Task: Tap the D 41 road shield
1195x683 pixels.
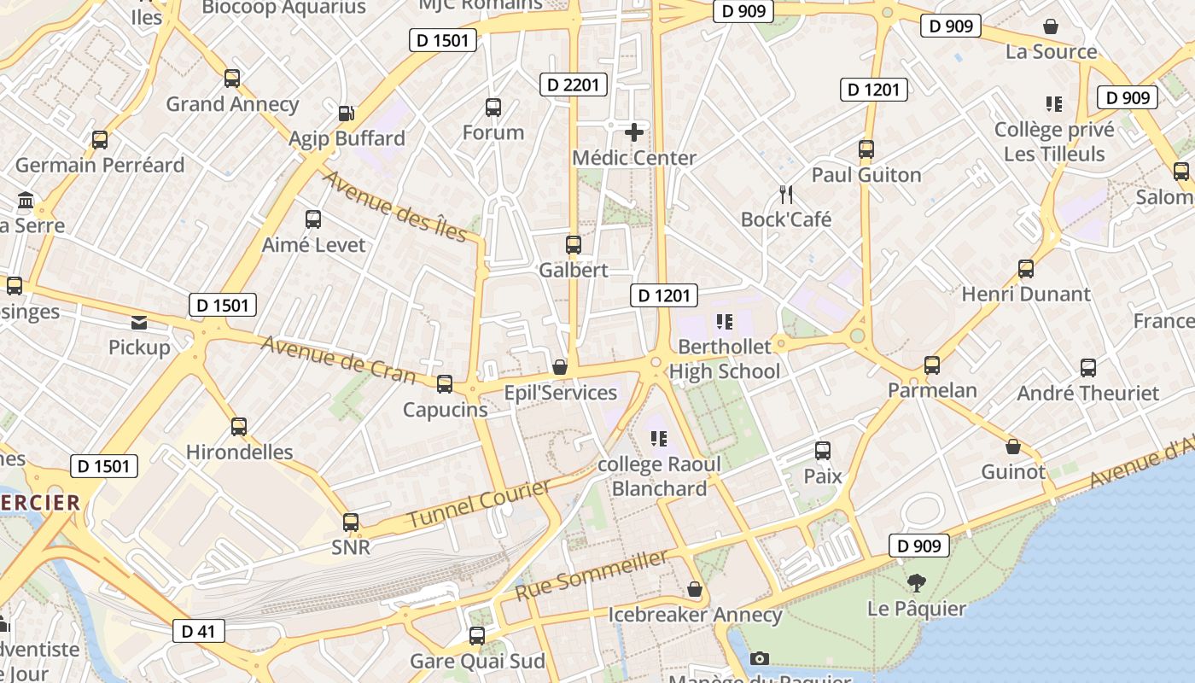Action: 198,631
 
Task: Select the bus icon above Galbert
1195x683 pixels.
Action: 574,245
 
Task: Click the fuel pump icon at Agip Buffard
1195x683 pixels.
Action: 346,113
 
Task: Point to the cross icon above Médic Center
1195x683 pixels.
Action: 634,132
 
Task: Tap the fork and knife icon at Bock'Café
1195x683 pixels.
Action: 786,195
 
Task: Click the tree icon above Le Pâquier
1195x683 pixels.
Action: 917,583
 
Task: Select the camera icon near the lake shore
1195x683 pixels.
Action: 759,658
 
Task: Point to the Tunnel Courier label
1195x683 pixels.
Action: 478,504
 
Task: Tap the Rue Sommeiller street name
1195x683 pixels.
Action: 591,575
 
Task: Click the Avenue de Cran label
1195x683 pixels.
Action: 339,359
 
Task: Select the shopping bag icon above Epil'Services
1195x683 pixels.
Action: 560,367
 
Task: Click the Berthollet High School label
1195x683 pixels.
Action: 724,359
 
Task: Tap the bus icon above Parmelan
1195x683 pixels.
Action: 932,365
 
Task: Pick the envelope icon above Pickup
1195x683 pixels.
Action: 138,323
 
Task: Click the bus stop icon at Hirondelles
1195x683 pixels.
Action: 239,427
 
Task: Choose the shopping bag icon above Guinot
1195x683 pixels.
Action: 1013,447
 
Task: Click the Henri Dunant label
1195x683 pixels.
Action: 1026,294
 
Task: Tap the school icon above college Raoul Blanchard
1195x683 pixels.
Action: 658,439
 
